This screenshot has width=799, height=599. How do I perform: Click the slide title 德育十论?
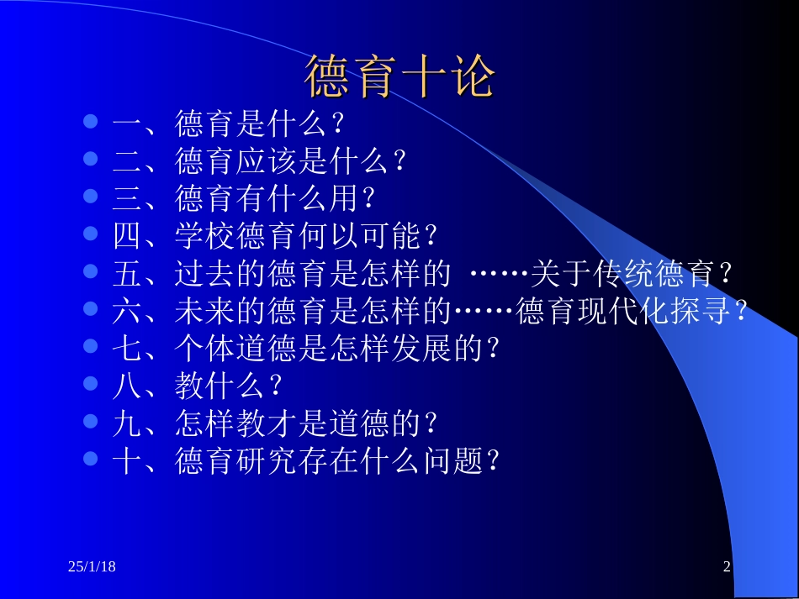tap(399, 78)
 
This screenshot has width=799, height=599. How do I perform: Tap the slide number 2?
tap(727, 569)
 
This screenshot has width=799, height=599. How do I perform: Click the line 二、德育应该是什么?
tap(260, 161)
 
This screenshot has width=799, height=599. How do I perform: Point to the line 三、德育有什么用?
tap(244, 199)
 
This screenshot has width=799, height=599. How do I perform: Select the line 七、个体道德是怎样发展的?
tap(306, 348)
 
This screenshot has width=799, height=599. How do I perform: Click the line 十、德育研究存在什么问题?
tap(306, 460)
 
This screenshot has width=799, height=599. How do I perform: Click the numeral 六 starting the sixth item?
tap(127, 311)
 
